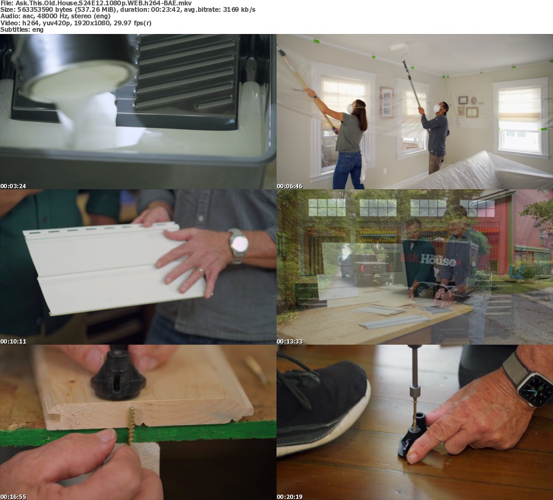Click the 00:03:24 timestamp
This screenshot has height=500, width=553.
tap(13, 186)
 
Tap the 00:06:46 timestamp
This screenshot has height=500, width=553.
tap(289, 186)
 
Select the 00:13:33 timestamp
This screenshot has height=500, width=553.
tap(289, 341)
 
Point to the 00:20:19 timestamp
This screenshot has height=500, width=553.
tap(289, 497)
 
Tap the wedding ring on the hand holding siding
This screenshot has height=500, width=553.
tap(200, 271)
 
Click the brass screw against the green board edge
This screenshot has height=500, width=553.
tap(132, 426)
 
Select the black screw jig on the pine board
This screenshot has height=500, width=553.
tap(118, 374)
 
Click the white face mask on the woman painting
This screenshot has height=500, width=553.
tap(350, 108)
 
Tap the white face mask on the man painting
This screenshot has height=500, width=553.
tap(436, 108)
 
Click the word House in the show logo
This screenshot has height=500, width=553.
tap(439, 260)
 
